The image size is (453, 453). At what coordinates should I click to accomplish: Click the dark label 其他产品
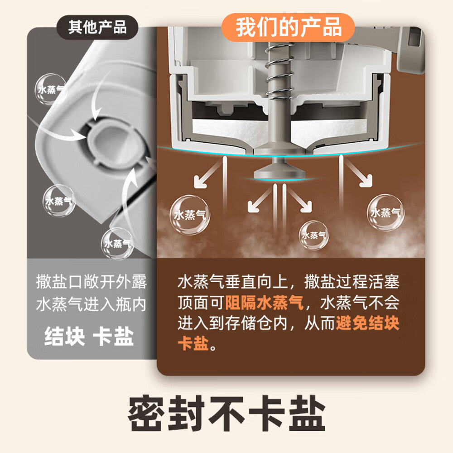coord(97,28)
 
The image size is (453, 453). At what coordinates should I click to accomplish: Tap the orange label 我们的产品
coord(288,28)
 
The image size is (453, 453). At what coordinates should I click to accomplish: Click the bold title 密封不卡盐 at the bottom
coord(227,414)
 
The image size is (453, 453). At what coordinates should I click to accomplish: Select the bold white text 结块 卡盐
coord(89,337)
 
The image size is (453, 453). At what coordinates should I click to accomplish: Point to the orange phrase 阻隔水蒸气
coord(264,303)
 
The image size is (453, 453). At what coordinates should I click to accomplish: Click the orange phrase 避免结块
coord(367,323)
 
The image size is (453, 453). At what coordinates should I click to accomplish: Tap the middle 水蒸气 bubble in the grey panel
coord(59,201)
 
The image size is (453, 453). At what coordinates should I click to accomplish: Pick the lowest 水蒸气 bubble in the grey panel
coord(117,244)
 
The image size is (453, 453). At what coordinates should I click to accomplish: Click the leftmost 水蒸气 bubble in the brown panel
coord(190,215)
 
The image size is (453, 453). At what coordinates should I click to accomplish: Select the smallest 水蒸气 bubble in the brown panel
coord(314,235)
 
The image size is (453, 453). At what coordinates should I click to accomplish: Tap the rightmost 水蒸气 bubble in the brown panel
coord(386,212)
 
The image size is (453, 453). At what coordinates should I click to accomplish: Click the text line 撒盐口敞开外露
coord(92,282)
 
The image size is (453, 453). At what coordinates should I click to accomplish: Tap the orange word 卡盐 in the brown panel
coord(193,343)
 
